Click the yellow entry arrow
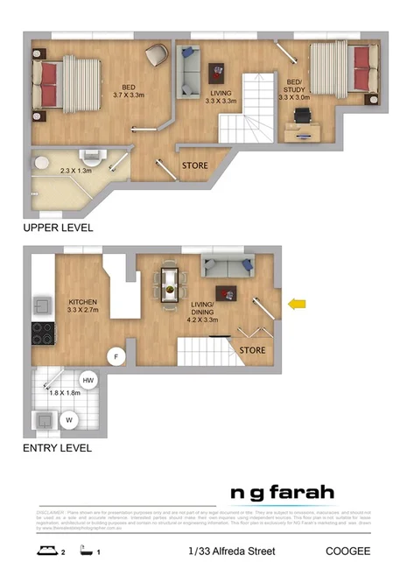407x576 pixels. pyautogui.click(x=298, y=304)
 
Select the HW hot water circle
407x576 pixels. pyautogui.click(x=88, y=380)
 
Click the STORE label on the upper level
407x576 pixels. pyautogui.click(x=194, y=165)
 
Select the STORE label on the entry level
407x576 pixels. pyautogui.click(x=253, y=352)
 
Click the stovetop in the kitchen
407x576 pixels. pyautogui.click(x=42, y=334)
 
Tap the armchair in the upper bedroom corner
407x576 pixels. pyautogui.click(x=156, y=54)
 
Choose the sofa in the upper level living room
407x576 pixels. pyautogui.click(x=190, y=73)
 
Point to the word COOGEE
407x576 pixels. pyautogui.click(x=347, y=551)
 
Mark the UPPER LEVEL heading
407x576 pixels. pyautogui.click(x=58, y=228)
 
